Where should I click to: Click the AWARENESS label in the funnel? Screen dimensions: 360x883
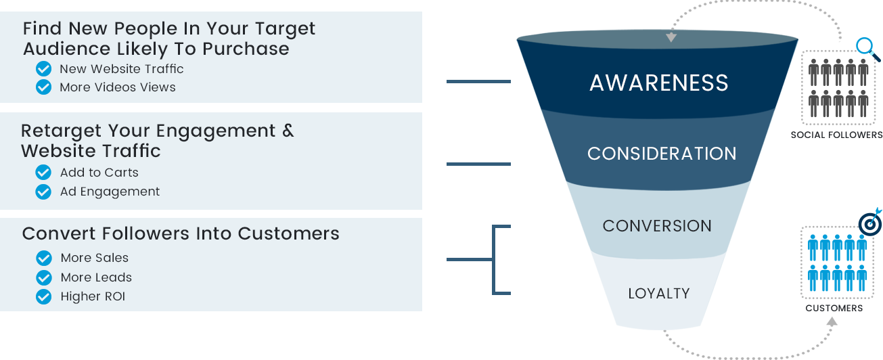pyautogui.click(x=659, y=83)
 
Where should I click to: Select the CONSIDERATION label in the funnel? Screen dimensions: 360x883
pyautogui.click(x=662, y=154)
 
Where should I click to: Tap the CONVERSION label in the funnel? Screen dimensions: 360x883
pyautogui.click(x=657, y=226)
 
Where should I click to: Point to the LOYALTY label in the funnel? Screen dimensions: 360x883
pyautogui.click(x=659, y=294)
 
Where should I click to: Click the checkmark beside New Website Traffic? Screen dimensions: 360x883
pyautogui.click(x=44, y=69)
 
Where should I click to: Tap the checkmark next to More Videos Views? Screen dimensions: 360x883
pyautogui.click(x=44, y=87)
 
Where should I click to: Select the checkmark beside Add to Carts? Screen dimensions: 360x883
pyautogui.click(x=44, y=173)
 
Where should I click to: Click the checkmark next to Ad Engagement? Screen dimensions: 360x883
pyautogui.click(x=44, y=192)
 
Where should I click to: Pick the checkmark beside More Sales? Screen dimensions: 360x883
pyautogui.click(x=44, y=258)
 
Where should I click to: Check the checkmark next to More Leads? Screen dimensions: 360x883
pyautogui.click(x=44, y=277)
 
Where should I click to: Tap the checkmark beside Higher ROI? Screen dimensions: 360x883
pyautogui.click(x=44, y=296)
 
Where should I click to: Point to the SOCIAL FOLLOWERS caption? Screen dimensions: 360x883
pyautogui.click(x=836, y=135)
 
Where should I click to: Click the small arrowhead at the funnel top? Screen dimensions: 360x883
pyautogui.click(x=671, y=37)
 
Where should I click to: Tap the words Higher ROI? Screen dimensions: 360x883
pyautogui.click(x=93, y=296)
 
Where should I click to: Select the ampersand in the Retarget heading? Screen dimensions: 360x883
pyautogui.click(x=288, y=130)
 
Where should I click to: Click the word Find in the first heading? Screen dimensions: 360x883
pyautogui.click(x=43, y=29)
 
